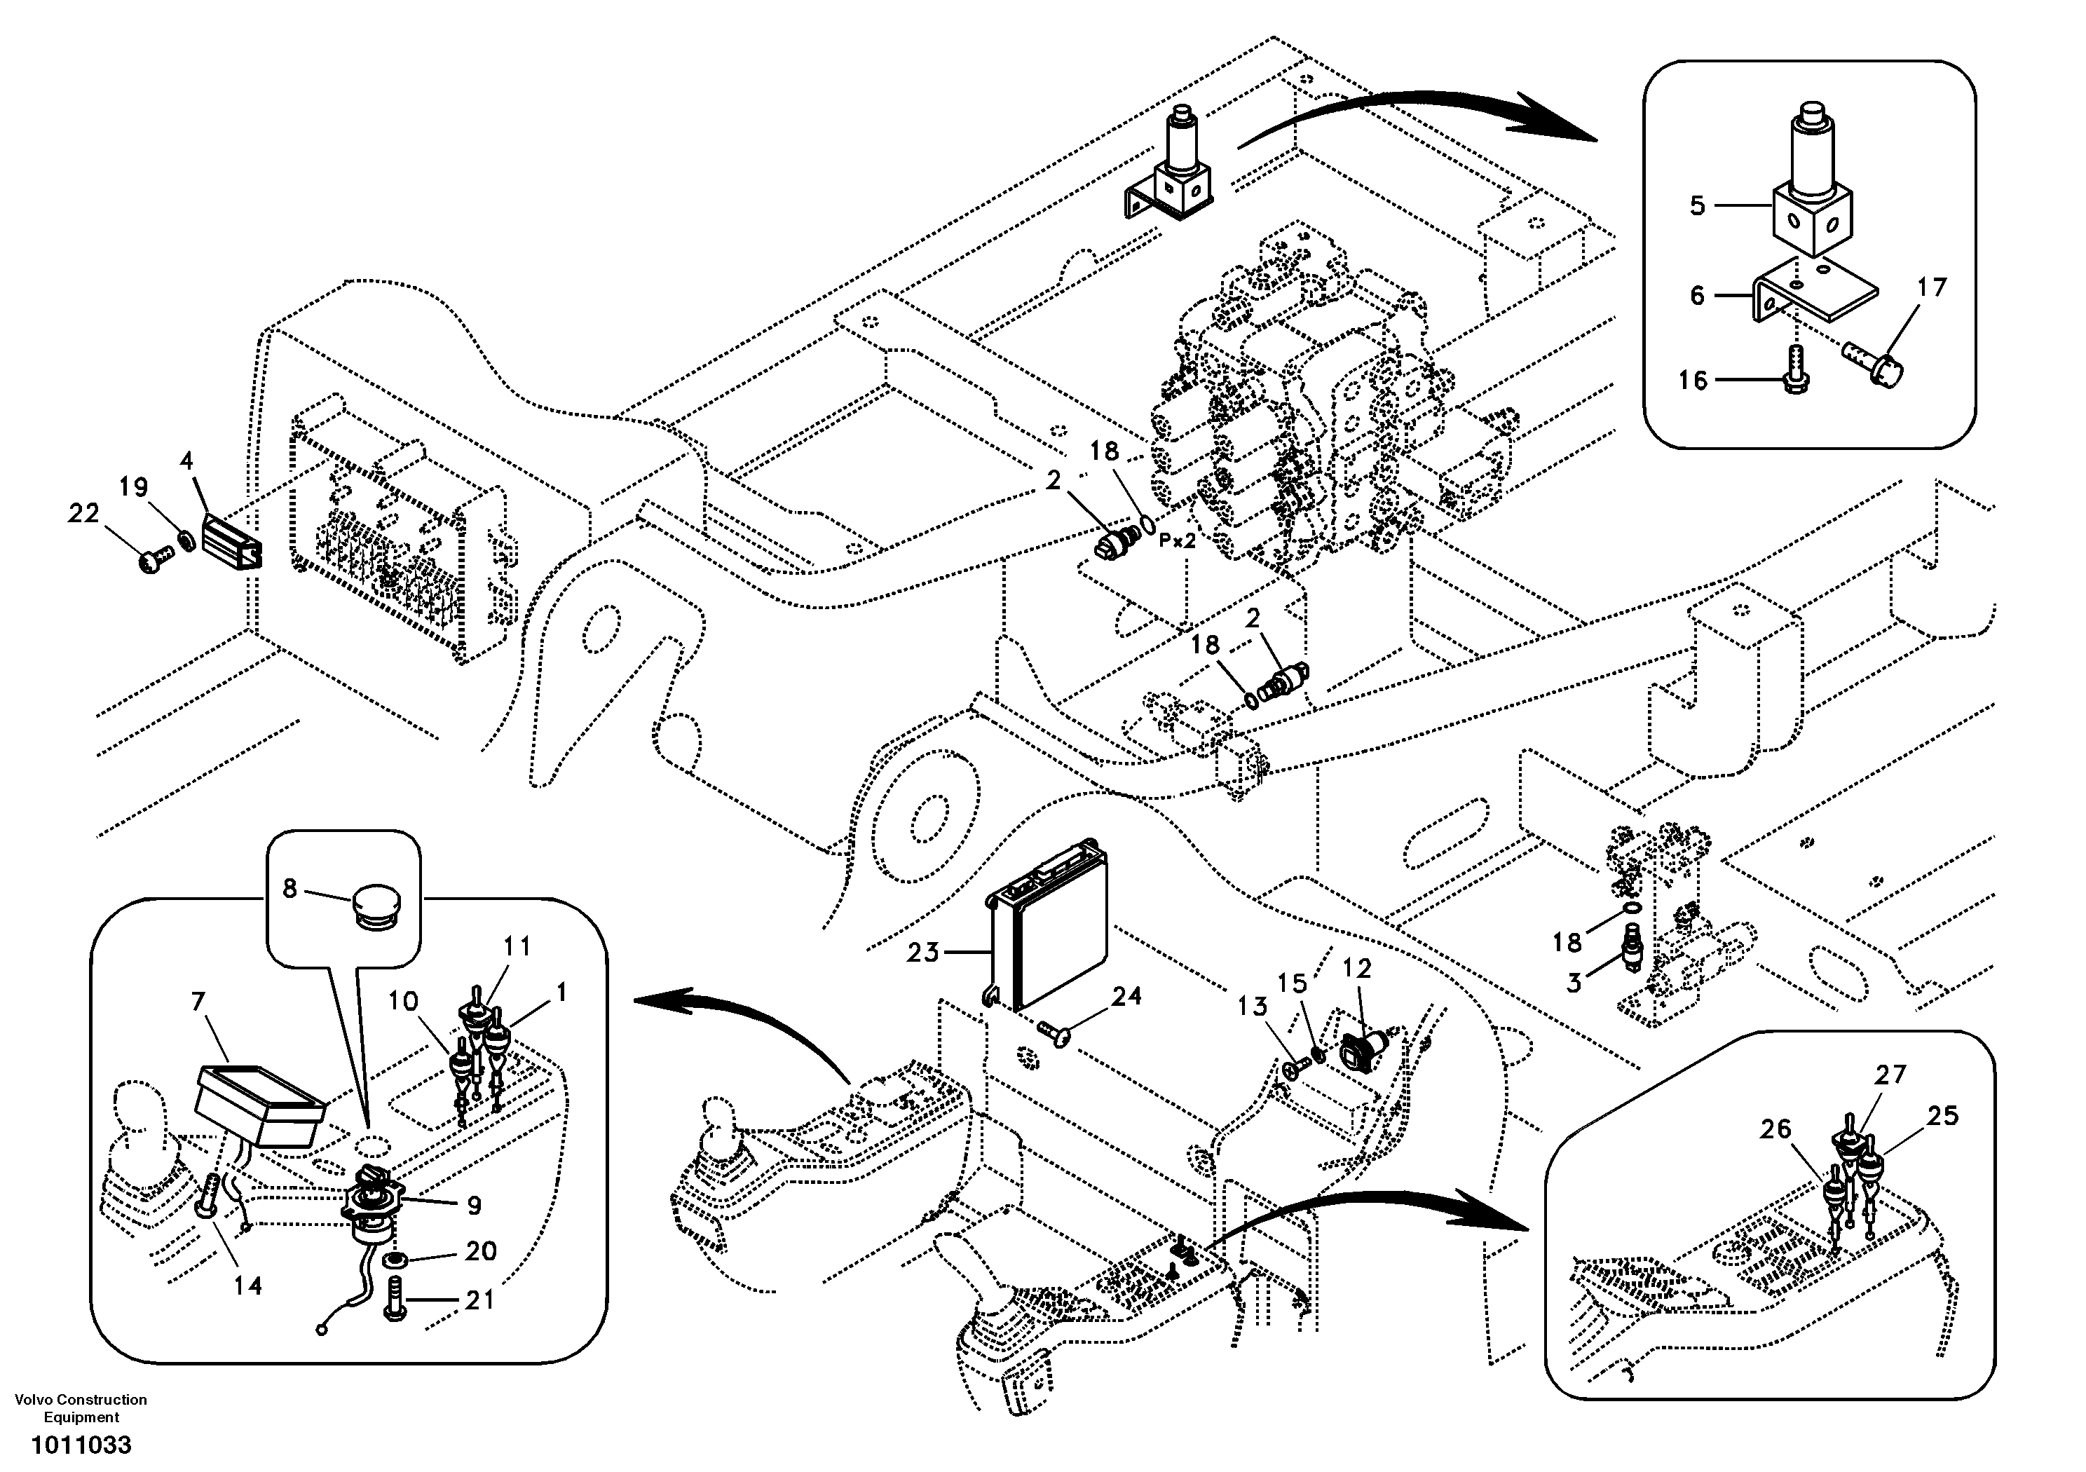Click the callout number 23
[922, 953]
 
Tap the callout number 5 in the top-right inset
[1697, 205]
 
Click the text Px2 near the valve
[1178, 540]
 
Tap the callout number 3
[1574, 981]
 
